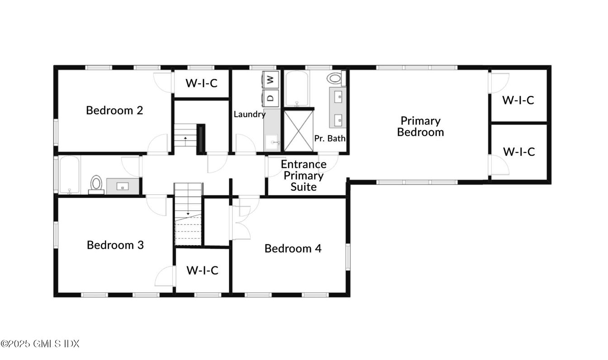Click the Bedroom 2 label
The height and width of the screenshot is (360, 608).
[x=114, y=110]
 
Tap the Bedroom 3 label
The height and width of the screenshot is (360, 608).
[x=115, y=245]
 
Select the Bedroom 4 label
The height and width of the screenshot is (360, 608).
[x=293, y=248]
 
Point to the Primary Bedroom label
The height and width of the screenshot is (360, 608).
[x=420, y=126]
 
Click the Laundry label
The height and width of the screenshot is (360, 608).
[x=249, y=114]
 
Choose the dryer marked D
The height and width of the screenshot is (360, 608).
[x=270, y=97]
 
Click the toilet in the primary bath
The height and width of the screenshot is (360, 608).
[x=335, y=78]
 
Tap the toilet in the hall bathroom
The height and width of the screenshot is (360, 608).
[x=96, y=184]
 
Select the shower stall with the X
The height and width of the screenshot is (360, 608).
[x=298, y=129]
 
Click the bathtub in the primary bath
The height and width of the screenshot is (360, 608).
[x=297, y=89]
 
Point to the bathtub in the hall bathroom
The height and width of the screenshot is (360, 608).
[x=69, y=174]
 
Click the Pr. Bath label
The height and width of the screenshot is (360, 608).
[x=330, y=138]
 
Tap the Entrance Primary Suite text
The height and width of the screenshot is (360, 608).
[x=304, y=175]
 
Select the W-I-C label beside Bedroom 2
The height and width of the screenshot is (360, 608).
[x=201, y=83]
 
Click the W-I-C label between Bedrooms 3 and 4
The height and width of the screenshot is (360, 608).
[x=202, y=270]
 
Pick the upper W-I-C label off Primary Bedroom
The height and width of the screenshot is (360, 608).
[x=518, y=100]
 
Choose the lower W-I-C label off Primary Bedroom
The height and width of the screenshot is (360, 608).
[x=519, y=152]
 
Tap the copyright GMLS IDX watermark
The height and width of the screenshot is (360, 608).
[x=40, y=344]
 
